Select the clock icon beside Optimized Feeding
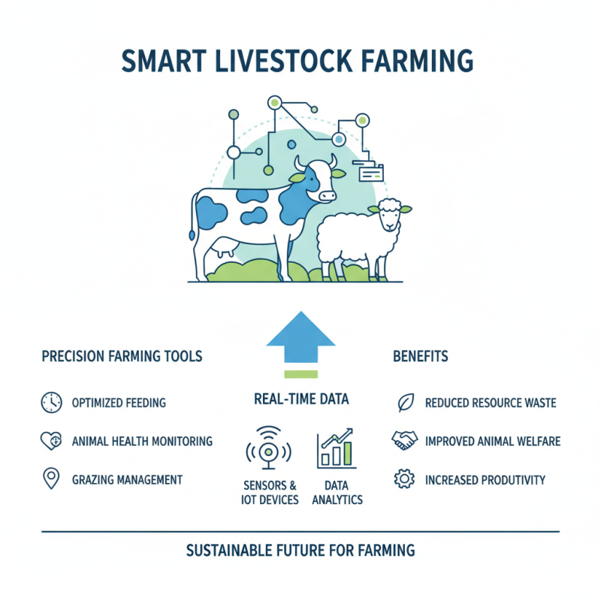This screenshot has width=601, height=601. click(51, 403)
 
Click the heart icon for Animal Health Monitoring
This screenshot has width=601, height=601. click(51, 441)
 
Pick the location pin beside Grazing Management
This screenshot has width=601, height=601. click(51, 479)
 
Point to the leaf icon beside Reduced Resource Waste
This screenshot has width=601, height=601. click(404, 403)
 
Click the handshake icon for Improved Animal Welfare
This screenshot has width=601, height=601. click(404, 441)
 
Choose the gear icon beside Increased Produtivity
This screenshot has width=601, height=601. click(404, 479)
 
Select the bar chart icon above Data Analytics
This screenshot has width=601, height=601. click(337, 449)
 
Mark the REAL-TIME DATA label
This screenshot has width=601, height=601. click(300, 400)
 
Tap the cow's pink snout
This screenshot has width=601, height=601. click(327, 195)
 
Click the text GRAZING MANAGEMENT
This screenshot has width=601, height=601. click(127, 479)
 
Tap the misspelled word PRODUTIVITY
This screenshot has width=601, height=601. click(509, 479)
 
